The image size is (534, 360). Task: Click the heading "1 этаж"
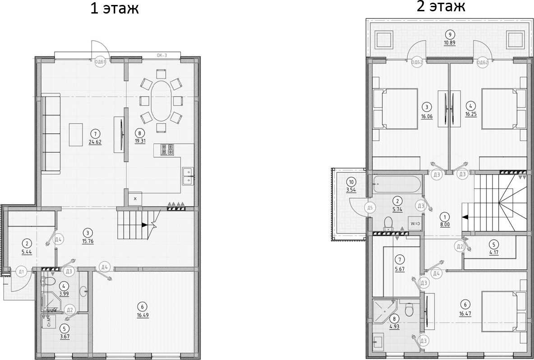click(115, 9)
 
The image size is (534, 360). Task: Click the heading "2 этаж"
click(441, 7)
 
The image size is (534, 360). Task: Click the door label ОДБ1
click(100, 62)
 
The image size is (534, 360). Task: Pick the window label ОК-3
click(162, 55)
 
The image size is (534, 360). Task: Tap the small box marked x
click(135, 198)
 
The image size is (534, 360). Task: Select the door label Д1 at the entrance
click(21, 271)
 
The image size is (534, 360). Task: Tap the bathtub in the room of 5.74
click(397, 184)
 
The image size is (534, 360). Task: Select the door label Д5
click(369, 208)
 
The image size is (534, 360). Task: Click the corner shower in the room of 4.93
click(384, 312)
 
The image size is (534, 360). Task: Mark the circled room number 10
click(351, 182)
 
